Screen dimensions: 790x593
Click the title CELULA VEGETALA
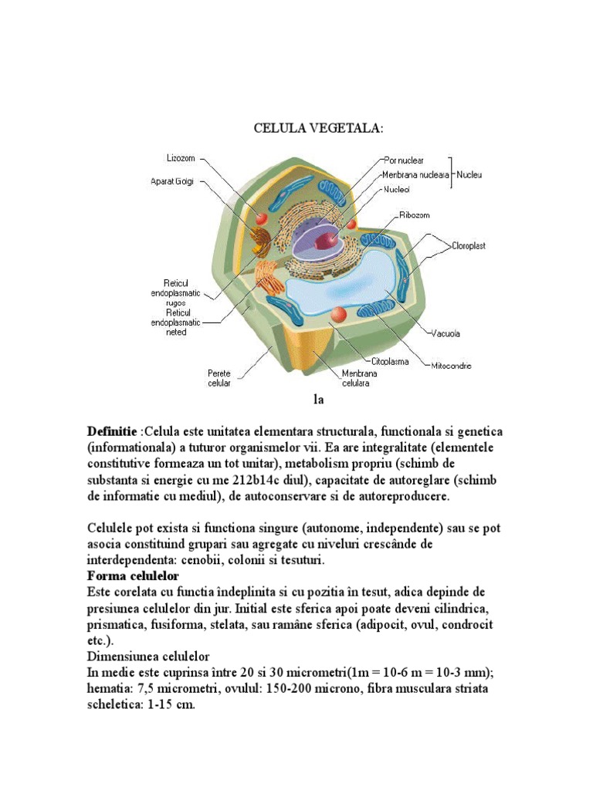317,127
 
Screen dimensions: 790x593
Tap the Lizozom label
182,158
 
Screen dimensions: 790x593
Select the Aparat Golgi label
172,182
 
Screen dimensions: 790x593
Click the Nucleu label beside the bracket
469,175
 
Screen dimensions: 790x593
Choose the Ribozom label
415,215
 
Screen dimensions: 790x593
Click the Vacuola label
446,334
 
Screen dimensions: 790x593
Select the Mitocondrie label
450,366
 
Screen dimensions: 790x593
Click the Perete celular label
219,377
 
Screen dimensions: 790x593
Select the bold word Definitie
112,430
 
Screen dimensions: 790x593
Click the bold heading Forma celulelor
133,576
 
